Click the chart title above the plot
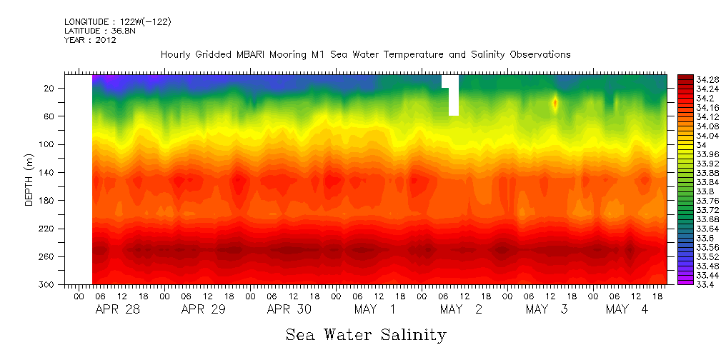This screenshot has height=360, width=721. (x=365, y=54)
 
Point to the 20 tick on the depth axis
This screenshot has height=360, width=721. (x=50, y=88)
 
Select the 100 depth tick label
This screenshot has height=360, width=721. (x=48, y=144)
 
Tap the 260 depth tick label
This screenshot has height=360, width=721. (x=48, y=256)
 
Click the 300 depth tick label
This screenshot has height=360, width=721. (x=48, y=284)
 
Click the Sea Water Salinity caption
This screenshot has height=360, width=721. (x=366, y=334)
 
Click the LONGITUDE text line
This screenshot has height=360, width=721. (x=117, y=22)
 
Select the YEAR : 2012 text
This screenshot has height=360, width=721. (x=90, y=40)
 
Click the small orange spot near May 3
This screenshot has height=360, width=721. (x=555, y=103)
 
